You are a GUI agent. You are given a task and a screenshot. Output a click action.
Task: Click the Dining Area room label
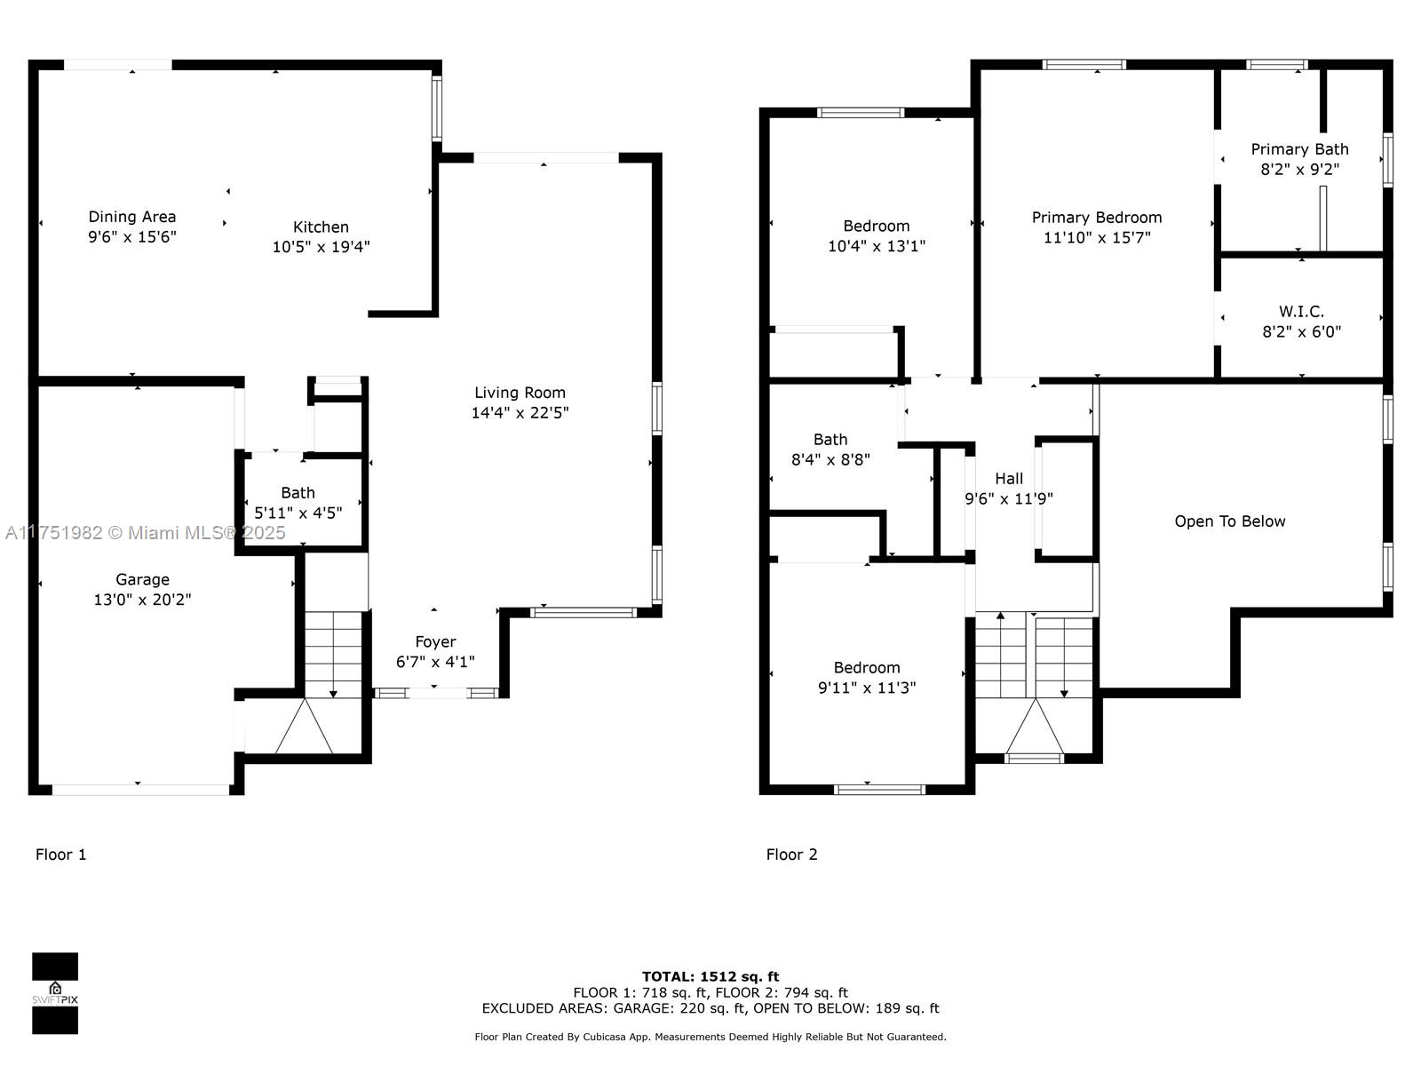132,217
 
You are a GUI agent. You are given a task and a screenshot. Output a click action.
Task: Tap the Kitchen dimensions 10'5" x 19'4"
322,247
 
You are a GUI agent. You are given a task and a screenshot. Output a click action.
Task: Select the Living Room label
520,393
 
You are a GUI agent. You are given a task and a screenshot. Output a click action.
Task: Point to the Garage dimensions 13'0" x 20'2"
142,600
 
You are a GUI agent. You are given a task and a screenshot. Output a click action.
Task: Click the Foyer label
436,642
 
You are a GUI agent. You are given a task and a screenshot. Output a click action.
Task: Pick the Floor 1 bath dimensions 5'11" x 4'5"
298,513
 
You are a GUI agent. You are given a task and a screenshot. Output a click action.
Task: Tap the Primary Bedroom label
1097,218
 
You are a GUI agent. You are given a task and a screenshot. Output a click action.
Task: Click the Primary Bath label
1300,149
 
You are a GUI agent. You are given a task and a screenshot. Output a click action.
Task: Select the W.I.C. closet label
1302,312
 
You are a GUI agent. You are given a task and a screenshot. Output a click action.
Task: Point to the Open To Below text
1230,521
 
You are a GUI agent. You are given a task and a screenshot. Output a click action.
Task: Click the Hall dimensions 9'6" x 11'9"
1009,499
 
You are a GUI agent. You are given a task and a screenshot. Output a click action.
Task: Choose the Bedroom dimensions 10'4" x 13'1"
877,247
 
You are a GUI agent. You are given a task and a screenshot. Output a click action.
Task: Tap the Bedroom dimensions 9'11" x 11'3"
867,688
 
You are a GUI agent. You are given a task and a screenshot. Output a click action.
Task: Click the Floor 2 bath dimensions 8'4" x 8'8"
830,460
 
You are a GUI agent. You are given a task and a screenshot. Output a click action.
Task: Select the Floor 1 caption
61,855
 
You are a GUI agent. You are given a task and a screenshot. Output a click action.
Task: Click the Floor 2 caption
791,855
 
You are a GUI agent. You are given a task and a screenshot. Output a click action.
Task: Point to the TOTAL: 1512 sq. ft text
710,976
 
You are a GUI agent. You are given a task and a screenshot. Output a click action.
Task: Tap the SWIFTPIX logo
55,993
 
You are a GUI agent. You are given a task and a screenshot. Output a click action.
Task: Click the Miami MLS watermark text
145,533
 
